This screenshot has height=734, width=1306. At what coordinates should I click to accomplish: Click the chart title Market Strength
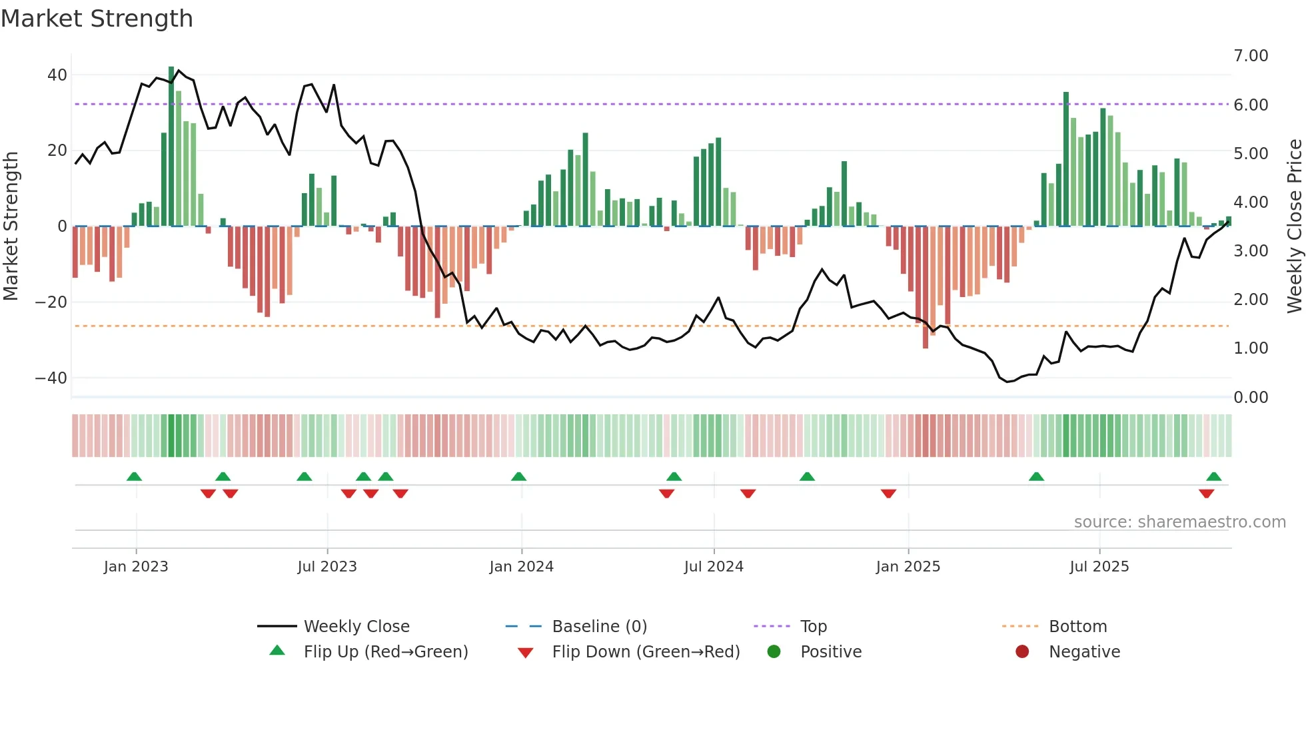click(x=97, y=19)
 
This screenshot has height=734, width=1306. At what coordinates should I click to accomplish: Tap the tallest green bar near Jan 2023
click(x=171, y=147)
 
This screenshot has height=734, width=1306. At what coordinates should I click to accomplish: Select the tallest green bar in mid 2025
click(x=1066, y=160)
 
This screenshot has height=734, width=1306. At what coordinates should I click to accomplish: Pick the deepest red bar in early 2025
click(x=926, y=286)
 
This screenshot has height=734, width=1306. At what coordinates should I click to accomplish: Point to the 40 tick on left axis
click(x=57, y=75)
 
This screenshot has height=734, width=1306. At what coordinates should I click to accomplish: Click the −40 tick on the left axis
click(x=51, y=378)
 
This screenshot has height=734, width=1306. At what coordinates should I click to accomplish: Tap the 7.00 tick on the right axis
click(x=1251, y=56)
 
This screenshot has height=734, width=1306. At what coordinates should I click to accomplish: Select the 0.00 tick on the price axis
click(x=1251, y=398)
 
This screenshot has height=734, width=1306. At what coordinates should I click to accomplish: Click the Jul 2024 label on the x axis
click(x=714, y=567)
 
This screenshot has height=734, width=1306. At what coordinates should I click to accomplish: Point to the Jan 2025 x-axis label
click(x=908, y=567)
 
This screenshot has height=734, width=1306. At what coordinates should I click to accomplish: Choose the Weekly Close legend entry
click(x=356, y=627)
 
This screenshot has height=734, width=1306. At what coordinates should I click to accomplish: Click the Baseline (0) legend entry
click(x=599, y=627)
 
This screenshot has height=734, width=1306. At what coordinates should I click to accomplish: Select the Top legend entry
click(x=813, y=627)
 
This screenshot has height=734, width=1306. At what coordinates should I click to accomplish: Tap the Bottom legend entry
click(x=1077, y=627)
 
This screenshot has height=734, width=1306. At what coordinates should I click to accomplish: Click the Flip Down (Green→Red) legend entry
click(x=646, y=652)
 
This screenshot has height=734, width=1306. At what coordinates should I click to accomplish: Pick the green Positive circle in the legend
click(x=774, y=652)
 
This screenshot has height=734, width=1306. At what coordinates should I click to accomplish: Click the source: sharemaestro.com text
click(x=1179, y=522)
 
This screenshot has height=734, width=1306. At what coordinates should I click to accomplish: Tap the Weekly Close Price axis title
click(x=1294, y=226)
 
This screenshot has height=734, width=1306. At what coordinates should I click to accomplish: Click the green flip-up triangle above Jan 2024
click(x=518, y=476)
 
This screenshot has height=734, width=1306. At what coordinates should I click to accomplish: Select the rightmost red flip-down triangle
click(x=1206, y=494)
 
